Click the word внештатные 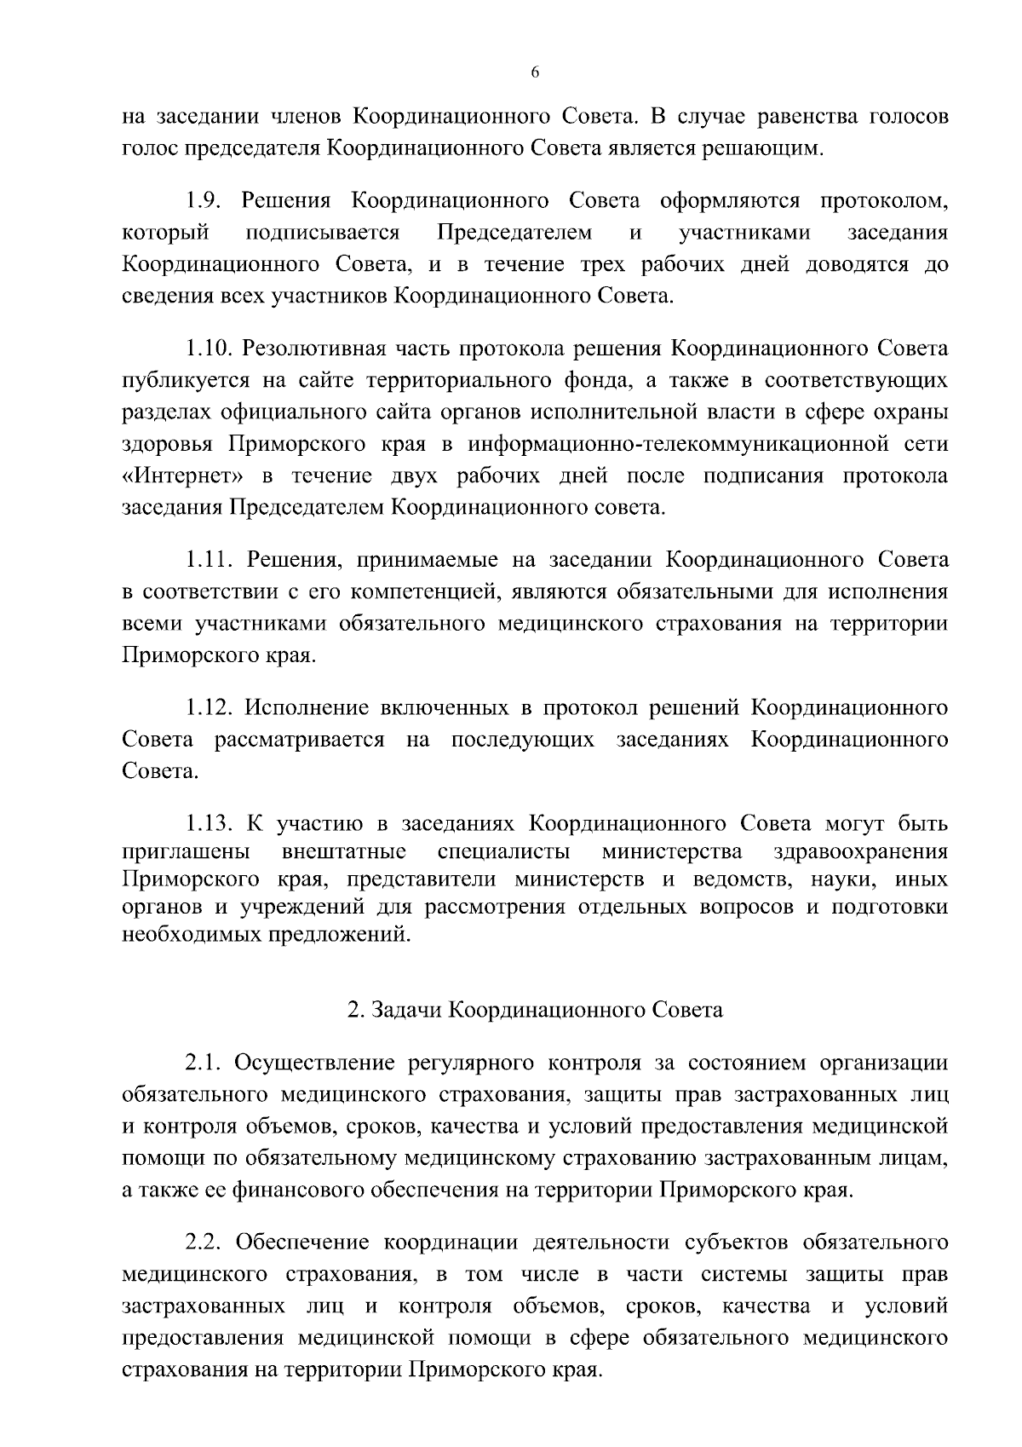[343, 852]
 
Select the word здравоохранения [860, 852]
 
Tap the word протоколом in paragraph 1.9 [883, 201]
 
